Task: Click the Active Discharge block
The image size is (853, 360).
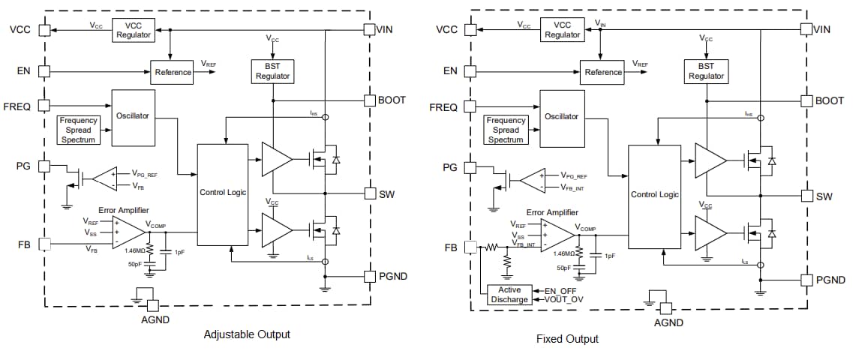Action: (x=509, y=295)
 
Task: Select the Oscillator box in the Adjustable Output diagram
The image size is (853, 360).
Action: (x=133, y=117)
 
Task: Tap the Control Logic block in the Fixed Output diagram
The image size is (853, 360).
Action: (x=654, y=196)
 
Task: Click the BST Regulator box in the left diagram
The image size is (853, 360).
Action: (x=273, y=72)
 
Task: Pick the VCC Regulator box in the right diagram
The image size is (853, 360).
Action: (x=562, y=30)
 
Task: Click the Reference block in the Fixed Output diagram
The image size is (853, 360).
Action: (x=603, y=72)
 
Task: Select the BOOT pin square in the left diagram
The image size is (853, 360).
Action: (x=368, y=100)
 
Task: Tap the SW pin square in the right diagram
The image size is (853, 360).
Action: (x=806, y=196)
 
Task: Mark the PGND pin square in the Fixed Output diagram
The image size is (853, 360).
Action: (x=806, y=280)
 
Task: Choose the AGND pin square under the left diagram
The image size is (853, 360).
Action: (x=152, y=305)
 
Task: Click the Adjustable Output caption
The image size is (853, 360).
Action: (x=247, y=334)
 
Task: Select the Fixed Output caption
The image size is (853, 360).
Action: (x=567, y=339)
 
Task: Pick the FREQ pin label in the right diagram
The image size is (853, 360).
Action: (x=443, y=107)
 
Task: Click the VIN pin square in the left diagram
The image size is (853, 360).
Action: (x=368, y=30)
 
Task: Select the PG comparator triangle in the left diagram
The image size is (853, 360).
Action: (x=104, y=178)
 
